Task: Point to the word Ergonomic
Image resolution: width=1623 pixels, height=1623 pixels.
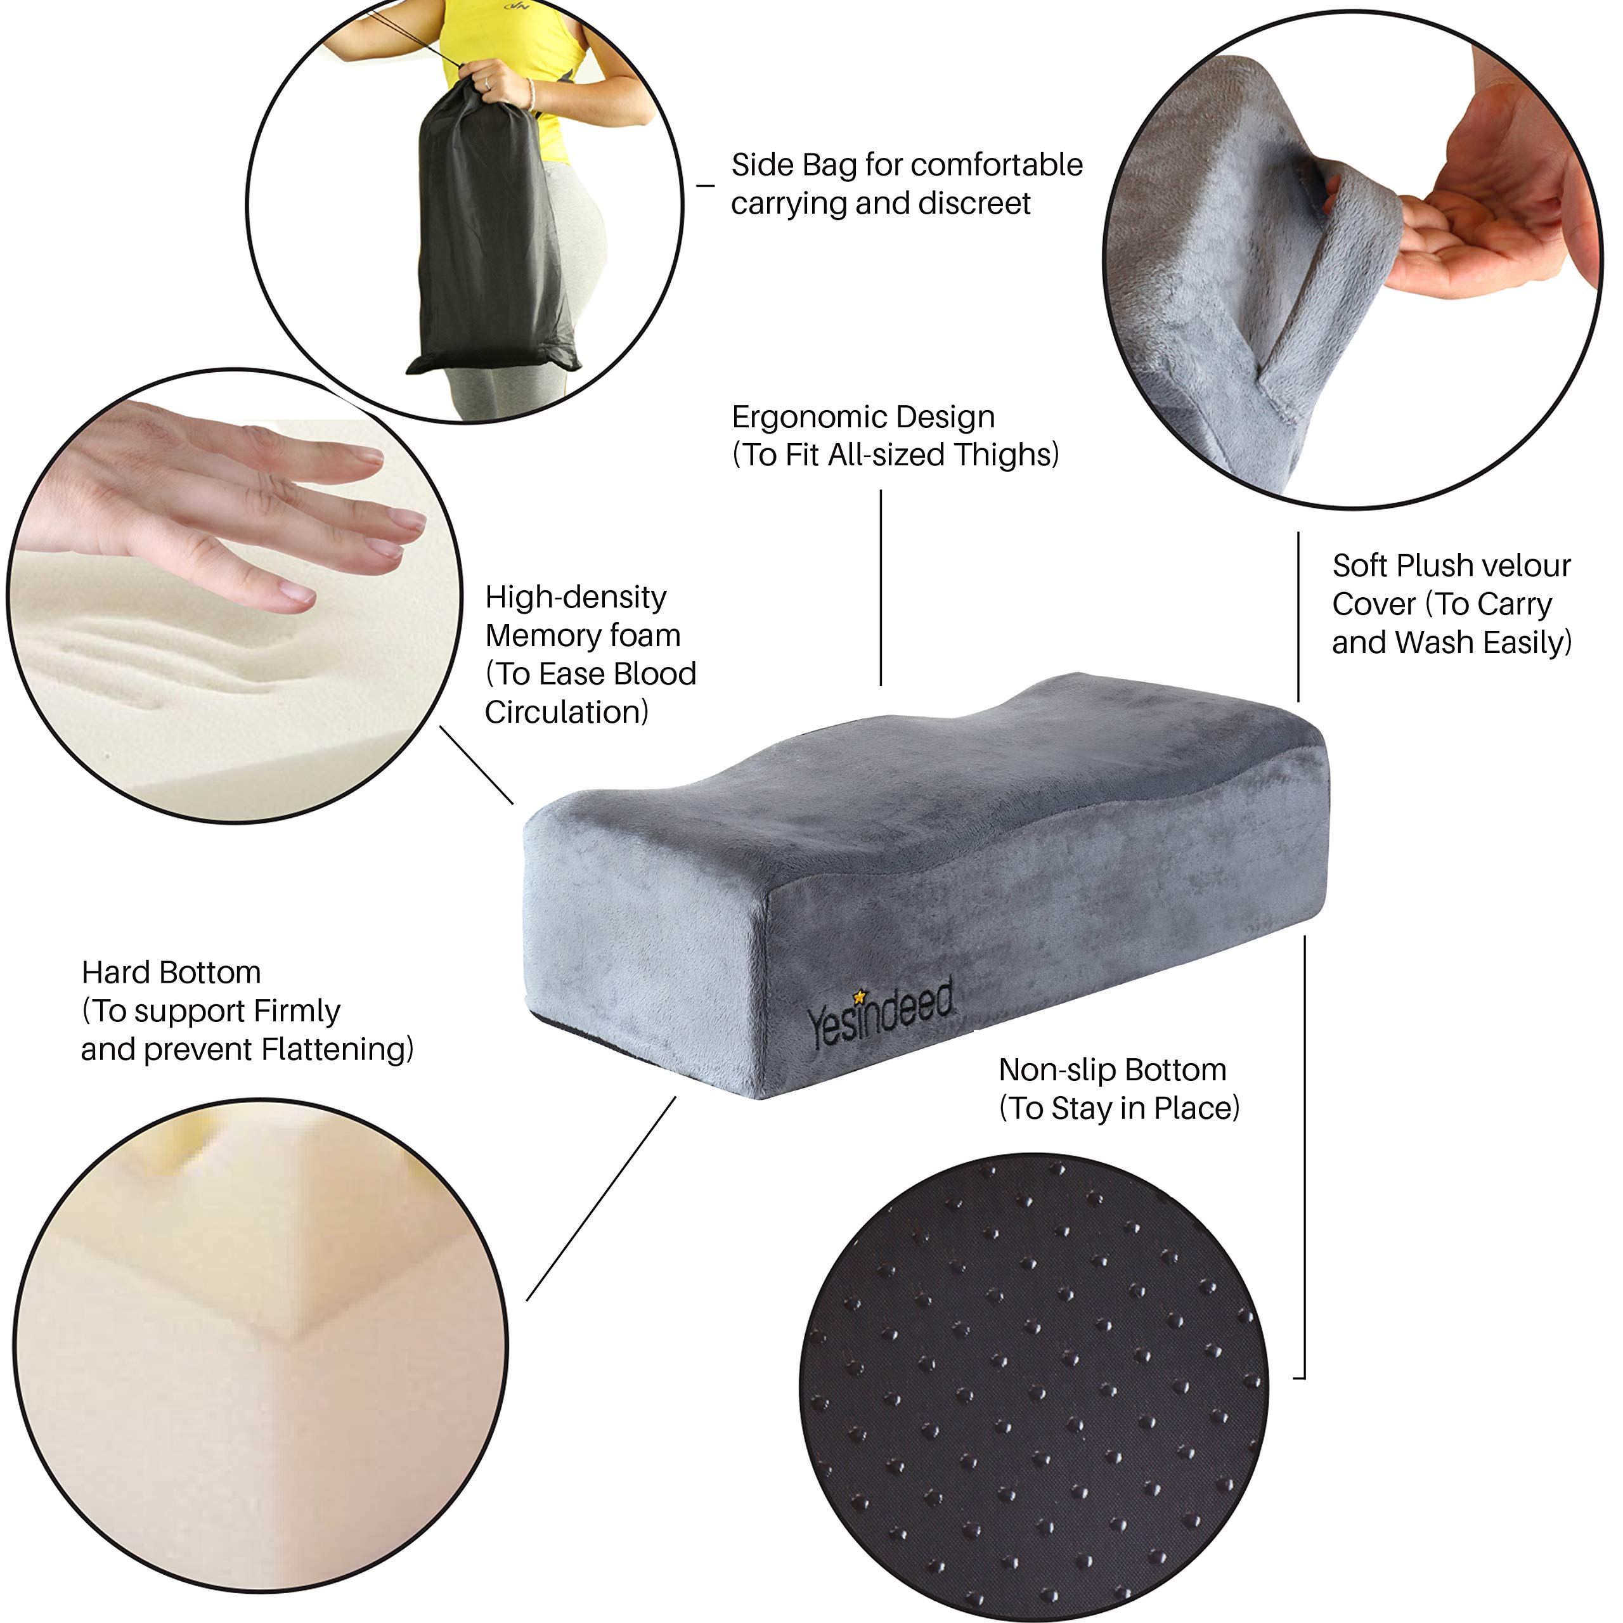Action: tap(805, 418)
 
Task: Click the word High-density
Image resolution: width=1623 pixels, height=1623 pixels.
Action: tap(576, 597)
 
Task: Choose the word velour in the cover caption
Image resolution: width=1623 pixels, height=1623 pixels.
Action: tap(1523, 566)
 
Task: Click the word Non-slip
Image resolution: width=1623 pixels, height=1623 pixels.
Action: tap(1057, 1070)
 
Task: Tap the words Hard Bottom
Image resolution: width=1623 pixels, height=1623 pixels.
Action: tap(171, 973)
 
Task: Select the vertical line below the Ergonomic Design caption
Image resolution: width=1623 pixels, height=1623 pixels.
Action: tap(881, 588)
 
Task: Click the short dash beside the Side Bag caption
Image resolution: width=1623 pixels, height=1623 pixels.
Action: tap(706, 186)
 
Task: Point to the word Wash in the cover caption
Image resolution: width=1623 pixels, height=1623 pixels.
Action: tap(1437, 643)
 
